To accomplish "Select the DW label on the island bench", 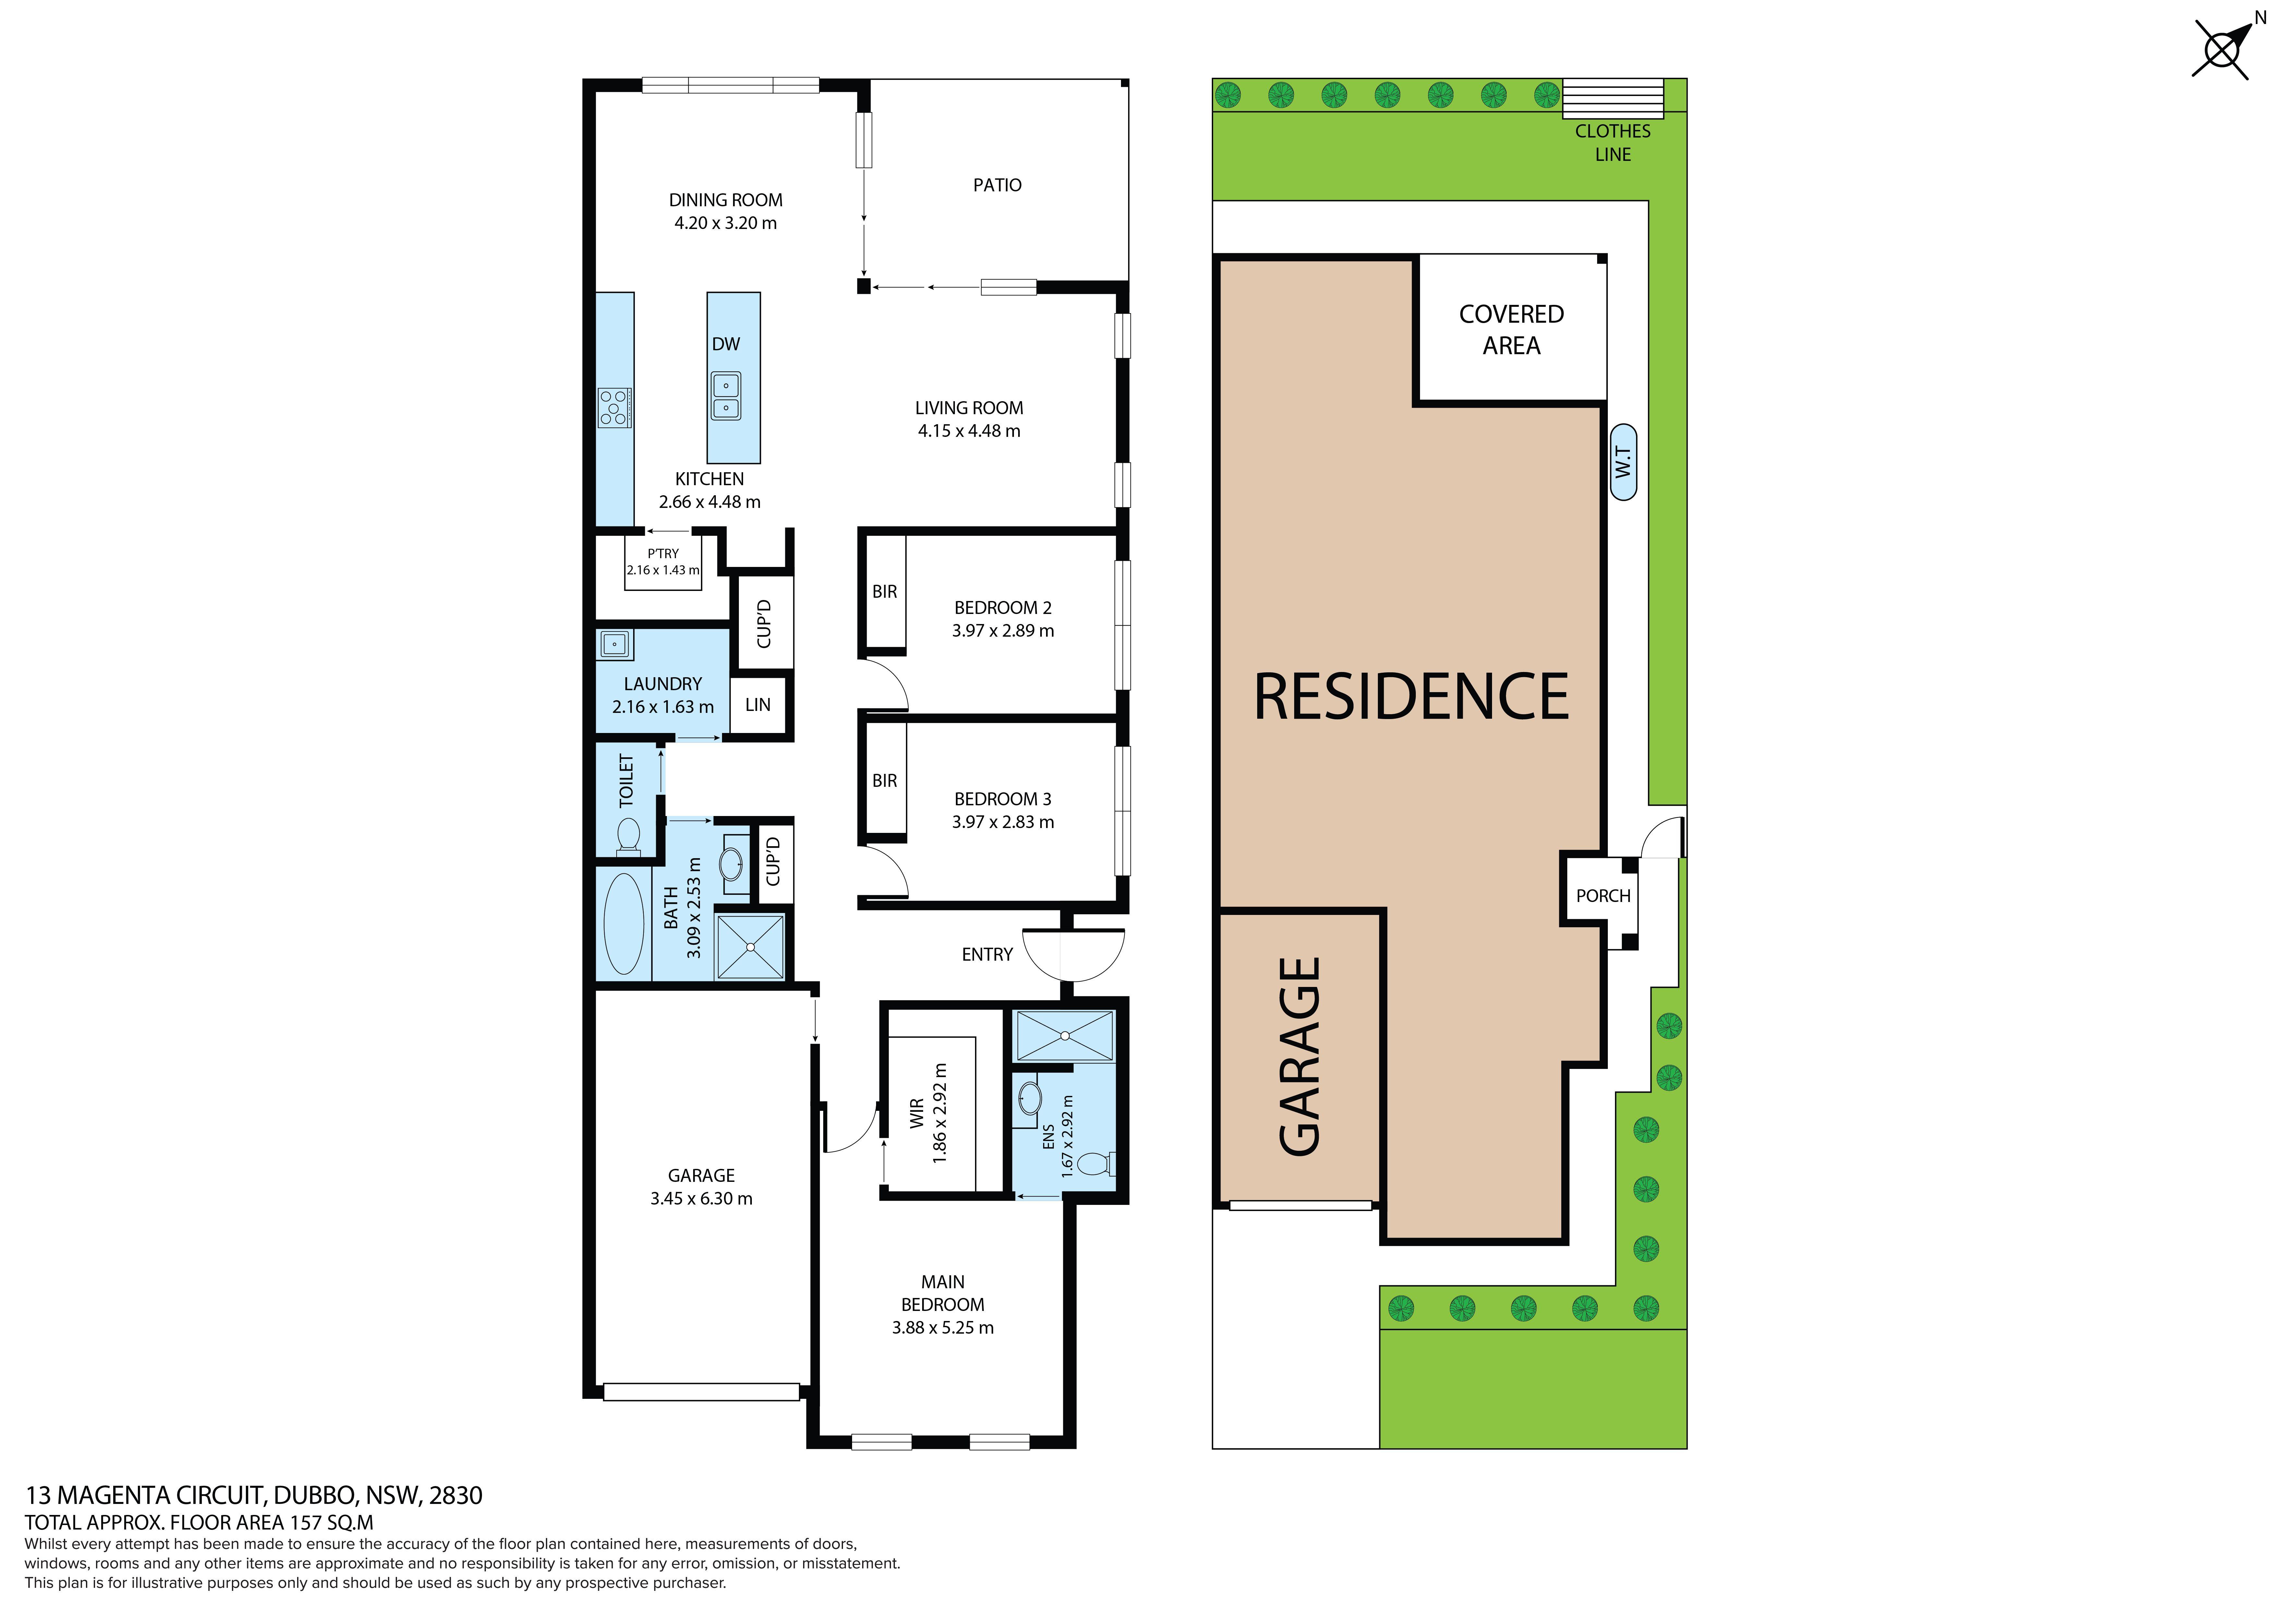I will (726, 344).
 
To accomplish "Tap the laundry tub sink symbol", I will (615, 644).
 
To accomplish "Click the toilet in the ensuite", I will (1095, 1162).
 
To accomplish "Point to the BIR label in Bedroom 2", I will (884, 592).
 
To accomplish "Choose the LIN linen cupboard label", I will (757, 705).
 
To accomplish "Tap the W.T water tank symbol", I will (1623, 462).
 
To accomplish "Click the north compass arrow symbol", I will (2223, 47).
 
